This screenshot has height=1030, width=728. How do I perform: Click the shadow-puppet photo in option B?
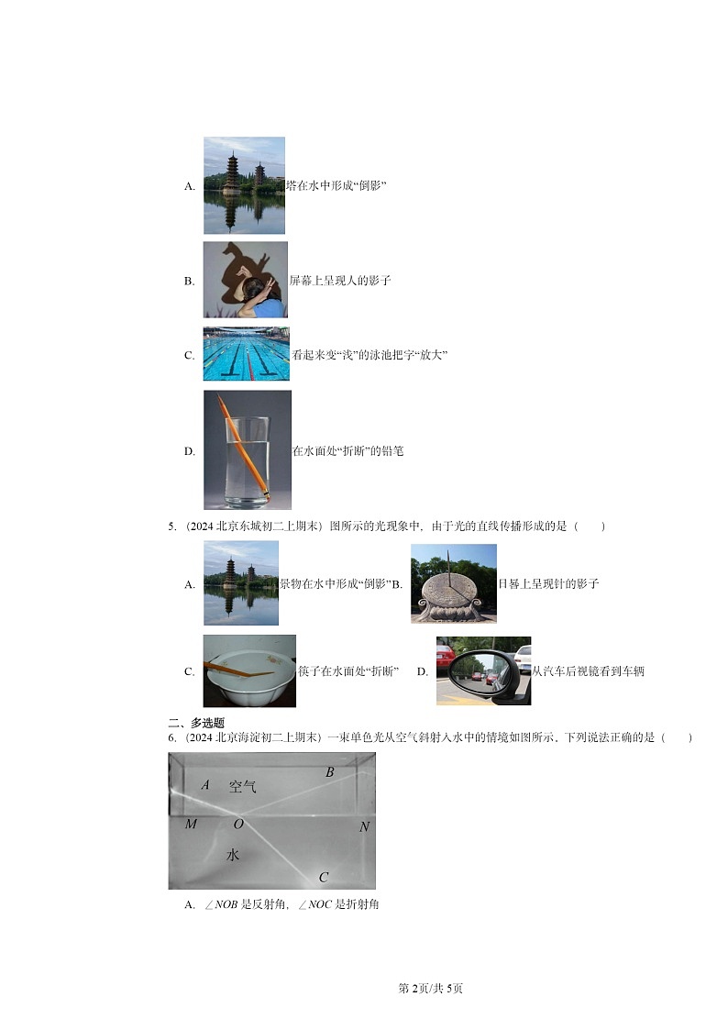click(x=245, y=280)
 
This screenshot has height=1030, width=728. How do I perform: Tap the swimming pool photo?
click(x=246, y=354)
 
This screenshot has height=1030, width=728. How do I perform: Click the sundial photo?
click(x=453, y=583)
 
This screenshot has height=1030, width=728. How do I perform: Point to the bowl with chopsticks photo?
click(x=249, y=670)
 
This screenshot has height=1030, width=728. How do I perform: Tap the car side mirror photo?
click(x=483, y=670)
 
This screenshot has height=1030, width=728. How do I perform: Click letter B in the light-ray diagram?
click(x=330, y=772)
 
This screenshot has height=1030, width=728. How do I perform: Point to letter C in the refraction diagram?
click(x=324, y=878)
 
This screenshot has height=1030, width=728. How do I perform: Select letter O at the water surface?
click(x=238, y=824)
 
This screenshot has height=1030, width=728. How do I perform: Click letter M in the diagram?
click(x=191, y=824)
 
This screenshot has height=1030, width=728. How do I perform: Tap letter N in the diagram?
click(x=364, y=826)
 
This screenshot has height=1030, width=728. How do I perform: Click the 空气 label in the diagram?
click(x=243, y=786)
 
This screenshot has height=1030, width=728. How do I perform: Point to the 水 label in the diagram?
click(x=233, y=854)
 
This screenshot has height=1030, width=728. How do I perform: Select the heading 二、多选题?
click(x=196, y=723)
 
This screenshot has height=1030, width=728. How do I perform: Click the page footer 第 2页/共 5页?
click(x=431, y=988)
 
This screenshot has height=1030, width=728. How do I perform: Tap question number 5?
click(x=171, y=526)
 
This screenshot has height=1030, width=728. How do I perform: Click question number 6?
click(x=171, y=737)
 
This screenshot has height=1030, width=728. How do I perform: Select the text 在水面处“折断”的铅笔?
click(x=347, y=451)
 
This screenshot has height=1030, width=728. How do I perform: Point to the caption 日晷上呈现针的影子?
click(x=548, y=583)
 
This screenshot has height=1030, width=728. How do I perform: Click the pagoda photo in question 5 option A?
click(x=240, y=583)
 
